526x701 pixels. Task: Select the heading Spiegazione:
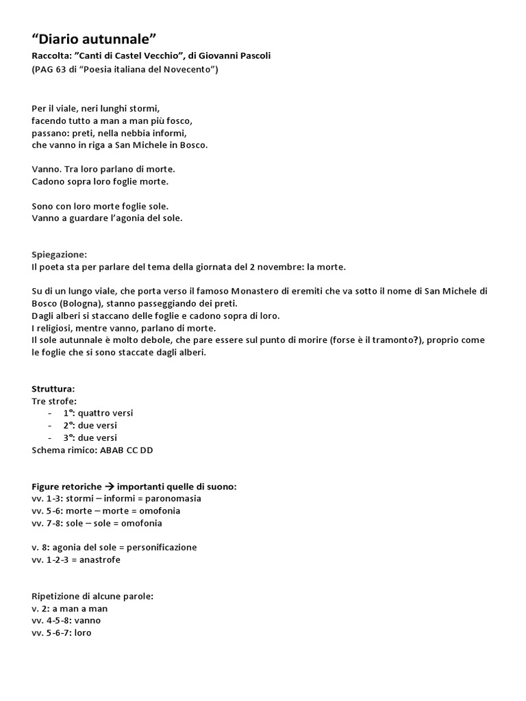click(60, 255)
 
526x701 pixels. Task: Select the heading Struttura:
click(53, 389)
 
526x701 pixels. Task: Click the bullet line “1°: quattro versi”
click(99, 413)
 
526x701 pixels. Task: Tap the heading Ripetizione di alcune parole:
click(92, 596)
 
